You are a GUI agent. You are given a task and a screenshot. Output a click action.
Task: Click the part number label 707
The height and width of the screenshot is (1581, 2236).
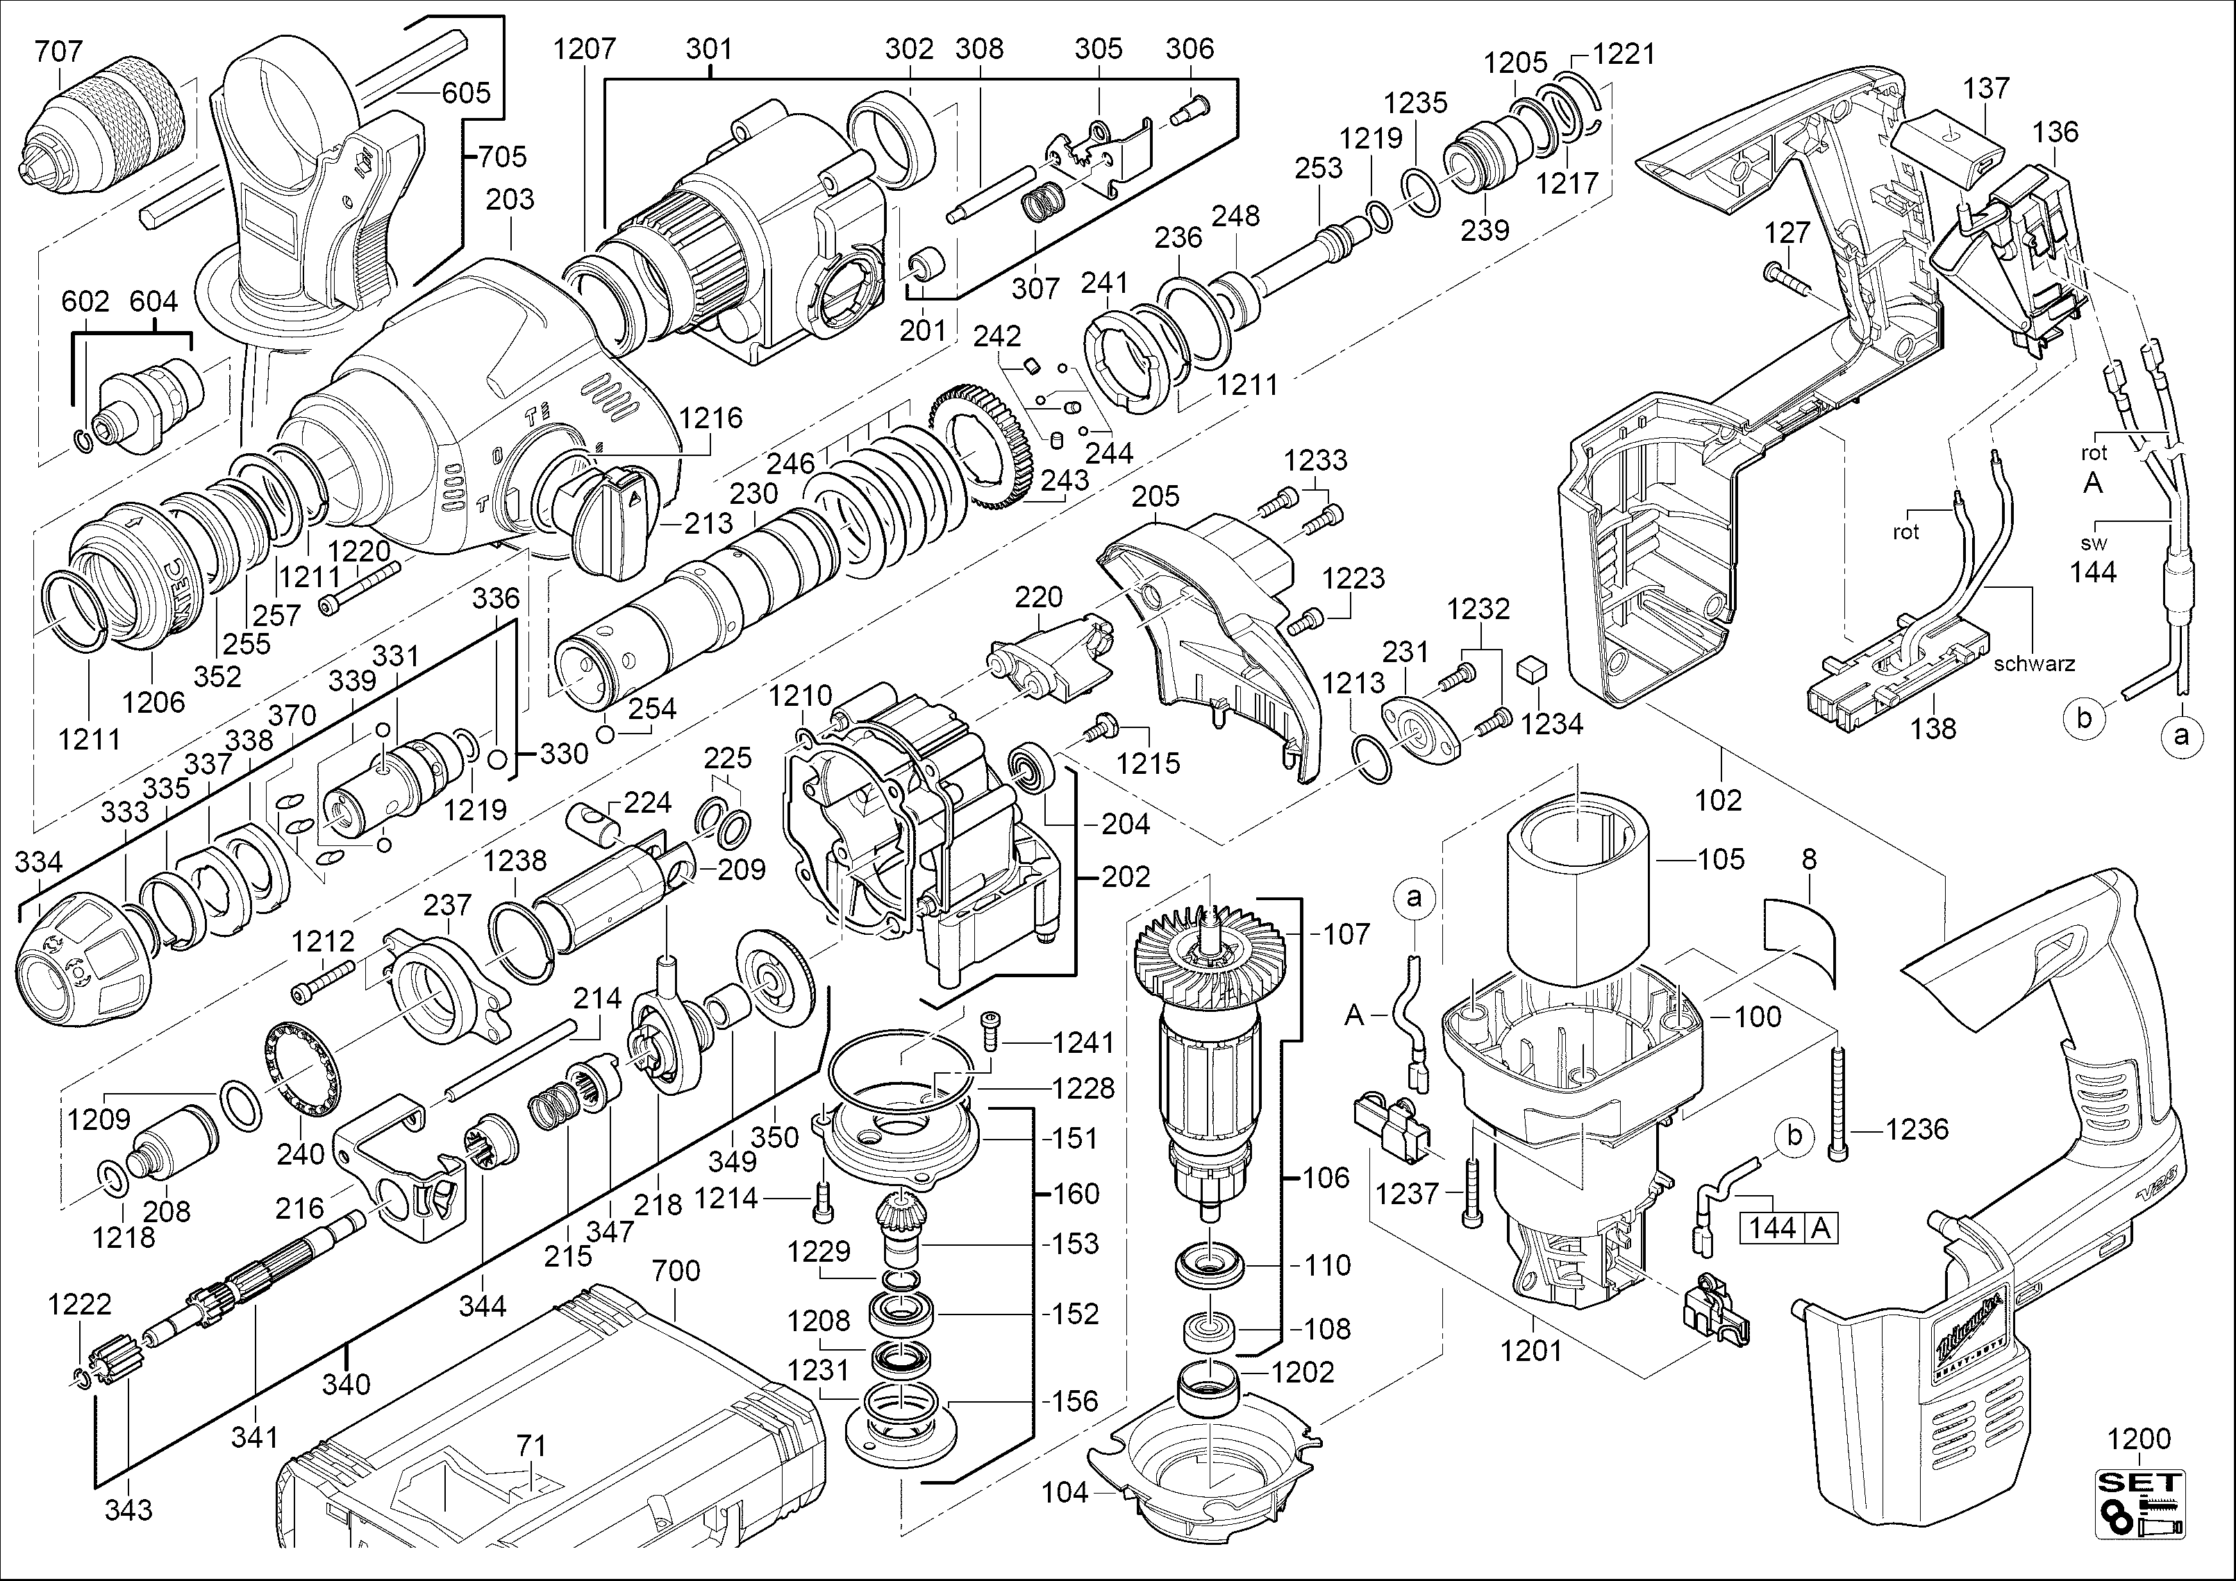point(60,51)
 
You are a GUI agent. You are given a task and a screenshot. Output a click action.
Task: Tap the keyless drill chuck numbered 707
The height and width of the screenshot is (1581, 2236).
point(108,126)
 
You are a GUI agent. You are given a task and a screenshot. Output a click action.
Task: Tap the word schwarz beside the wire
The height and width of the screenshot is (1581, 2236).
point(2035,665)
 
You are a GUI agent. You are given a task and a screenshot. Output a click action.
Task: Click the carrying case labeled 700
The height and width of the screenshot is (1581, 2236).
point(545,1441)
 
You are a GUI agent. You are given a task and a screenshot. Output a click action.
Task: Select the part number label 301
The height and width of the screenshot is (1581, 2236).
point(709,49)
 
